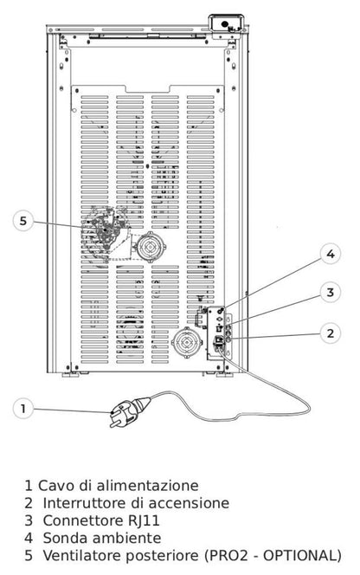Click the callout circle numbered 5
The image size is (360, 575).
click(x=23, y=221)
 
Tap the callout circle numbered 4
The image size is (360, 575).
click(x=331, y=254)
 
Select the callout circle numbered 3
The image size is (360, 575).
click(x=331, y=293)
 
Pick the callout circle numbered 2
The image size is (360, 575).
click(x=331, y=333)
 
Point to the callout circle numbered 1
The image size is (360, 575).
click(x=23, y=409)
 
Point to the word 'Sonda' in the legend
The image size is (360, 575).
click(x=65, y=539)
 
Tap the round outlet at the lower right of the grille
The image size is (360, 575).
click(x=187, y=343)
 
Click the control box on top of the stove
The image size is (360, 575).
click(x=227, y=24)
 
